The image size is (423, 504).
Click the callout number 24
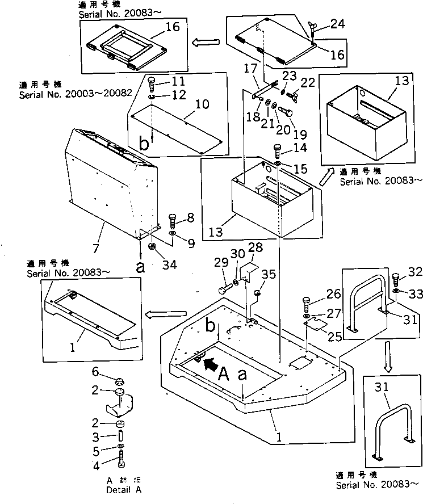[338, 24]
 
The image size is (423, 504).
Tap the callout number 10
[202, 104]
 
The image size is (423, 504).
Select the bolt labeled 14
[278, 151]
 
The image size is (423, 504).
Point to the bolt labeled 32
[396, 280]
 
